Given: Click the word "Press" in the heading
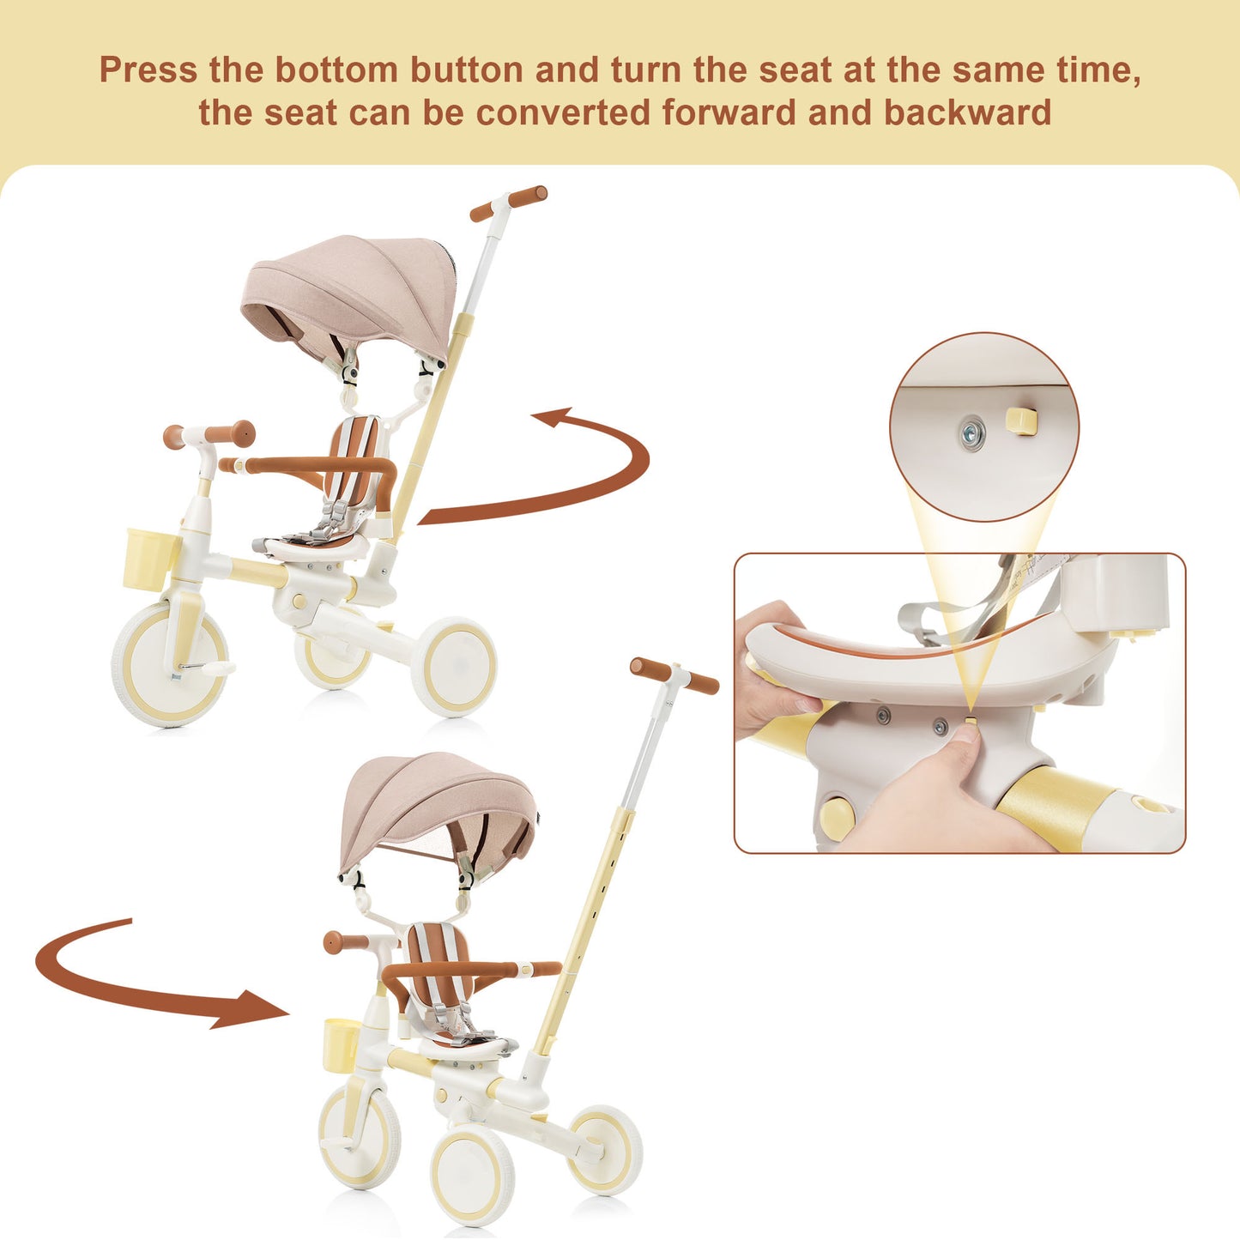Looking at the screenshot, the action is tap(148, 70).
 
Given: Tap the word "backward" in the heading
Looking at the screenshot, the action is tap(967, 112).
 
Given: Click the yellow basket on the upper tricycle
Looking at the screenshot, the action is tap(150, 559).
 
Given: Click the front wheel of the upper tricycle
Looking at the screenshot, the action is tap(170, 664).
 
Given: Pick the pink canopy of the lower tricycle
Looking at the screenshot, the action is tap(438, 812).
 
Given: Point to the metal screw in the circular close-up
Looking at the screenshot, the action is tap(971, 433).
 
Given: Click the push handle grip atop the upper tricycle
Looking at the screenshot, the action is tap(508, 203).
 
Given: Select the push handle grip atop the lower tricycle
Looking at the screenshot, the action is tap(674, 675).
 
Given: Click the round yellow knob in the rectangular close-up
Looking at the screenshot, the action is tap(838, 820).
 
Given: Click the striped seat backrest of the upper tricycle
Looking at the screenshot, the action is tap(358, 451).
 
